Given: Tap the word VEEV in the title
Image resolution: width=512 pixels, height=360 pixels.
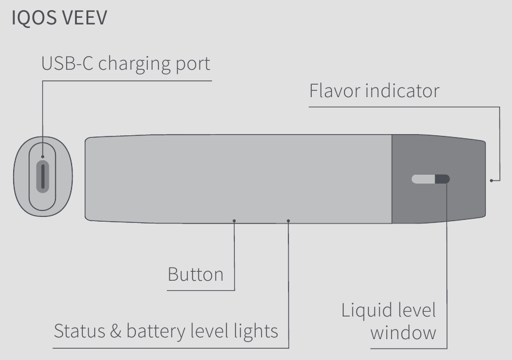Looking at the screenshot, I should click(83, 18).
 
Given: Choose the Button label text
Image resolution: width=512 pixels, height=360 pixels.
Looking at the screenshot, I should click(196, 275).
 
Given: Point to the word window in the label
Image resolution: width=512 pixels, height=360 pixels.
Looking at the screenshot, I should click(403, 333).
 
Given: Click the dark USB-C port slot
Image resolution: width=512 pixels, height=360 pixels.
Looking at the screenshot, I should click(42, 175).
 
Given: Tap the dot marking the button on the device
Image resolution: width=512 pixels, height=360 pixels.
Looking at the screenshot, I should click(234, 221).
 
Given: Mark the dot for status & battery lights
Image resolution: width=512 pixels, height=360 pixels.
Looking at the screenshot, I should click(288, 221).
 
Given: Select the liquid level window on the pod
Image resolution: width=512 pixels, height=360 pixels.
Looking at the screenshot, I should click(431, 179).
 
